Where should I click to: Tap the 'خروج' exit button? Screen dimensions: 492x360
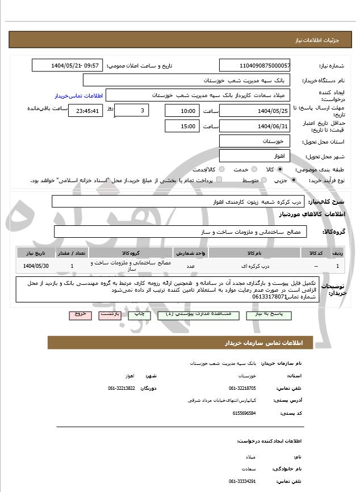(x=79, y=314)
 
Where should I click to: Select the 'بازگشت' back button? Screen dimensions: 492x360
(x=110, y=314)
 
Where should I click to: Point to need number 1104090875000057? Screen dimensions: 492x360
(x=254, y=66)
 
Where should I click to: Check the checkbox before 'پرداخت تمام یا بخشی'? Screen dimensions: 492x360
(x=219, y=180)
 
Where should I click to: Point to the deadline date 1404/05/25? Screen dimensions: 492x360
(x=254, y=111)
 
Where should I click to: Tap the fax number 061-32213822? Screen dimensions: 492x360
(x=122, y=388)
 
